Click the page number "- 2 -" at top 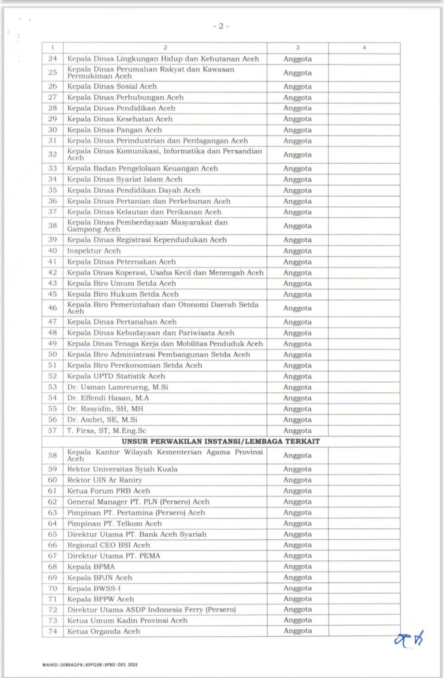[x=221, y=26]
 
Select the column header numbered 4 [x=364, y=48]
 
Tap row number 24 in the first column [x=53, y=59]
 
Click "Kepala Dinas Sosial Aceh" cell [x=112, y=86]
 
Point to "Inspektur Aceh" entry [x=94, y=251]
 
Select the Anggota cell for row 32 [x=297, y=155]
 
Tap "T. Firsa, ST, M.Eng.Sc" [x=106, y=431]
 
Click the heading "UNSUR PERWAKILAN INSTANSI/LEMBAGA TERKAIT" [x=221, y=442]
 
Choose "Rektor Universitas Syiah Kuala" [x=122, y=469]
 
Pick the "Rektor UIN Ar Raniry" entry [x=104, y=480]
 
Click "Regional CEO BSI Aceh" [x=109, y=545]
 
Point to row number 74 [x=53, y=631]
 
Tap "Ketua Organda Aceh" [x=103, y=631]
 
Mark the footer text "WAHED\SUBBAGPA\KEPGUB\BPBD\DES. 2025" [x=90, y=665]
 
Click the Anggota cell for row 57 [x=297, y=431]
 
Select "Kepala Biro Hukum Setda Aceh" [x=123, y=295]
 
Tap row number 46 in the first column [x=53, y=308]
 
